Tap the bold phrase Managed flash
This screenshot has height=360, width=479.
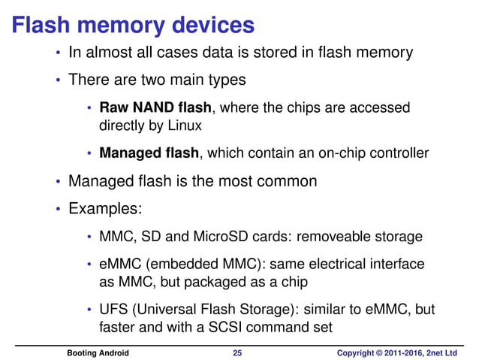tap(149, 153)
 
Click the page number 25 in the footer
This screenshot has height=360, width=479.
tap(238, 352)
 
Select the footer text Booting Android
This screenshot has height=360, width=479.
tap(98, 352)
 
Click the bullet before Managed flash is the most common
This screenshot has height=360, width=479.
tap(58, 182)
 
